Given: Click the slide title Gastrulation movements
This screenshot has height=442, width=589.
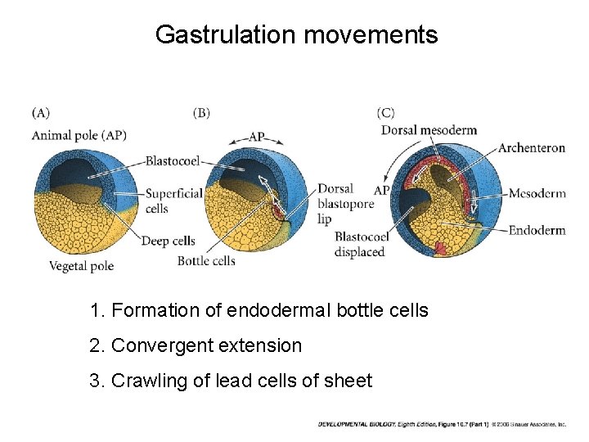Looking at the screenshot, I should pos(296,34).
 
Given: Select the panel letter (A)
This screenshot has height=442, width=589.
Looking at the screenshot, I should pos(40,113).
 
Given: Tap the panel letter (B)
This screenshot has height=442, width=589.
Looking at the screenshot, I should pos(201,113).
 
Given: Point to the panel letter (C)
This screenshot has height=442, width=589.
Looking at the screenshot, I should pos(385,113).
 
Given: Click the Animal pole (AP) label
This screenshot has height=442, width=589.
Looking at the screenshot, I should pos(79,135).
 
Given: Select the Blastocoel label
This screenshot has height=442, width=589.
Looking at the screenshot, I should pos(173,161).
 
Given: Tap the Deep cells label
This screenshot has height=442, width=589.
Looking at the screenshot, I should pos(168,241).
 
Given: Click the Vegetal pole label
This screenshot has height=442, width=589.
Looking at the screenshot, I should pos(81,265).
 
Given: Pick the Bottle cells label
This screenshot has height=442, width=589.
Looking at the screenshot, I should pos(206,261).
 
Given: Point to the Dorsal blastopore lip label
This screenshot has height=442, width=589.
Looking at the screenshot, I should pos(344,204).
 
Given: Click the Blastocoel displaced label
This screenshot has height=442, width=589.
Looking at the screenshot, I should pos(360,244).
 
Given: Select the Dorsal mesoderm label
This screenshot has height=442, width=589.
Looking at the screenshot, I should pos(429,130).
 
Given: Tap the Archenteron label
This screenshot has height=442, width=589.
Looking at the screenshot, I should pos(532,148).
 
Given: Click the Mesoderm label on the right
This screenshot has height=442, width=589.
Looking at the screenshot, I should pos(537,194).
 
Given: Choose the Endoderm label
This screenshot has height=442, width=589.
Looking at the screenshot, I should pos(537,230).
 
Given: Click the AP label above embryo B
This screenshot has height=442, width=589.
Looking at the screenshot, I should pos(256,137).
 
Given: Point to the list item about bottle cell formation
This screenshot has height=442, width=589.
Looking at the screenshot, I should pos(259,310).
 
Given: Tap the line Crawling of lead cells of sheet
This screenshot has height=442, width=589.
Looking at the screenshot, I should pos(232,381).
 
